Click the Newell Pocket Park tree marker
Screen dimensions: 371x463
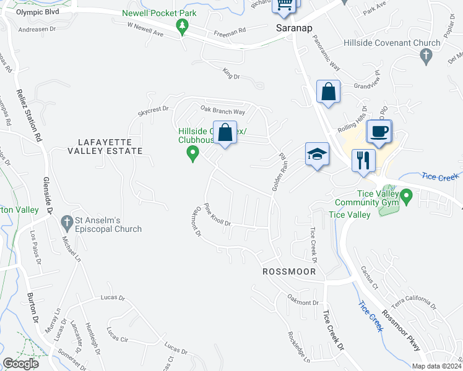[182, 26]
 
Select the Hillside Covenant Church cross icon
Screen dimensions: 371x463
[425, 57]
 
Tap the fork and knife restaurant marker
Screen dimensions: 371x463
[363, 160]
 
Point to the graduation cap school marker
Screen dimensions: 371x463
[317, 153]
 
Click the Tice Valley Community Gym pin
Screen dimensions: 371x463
[407, 197]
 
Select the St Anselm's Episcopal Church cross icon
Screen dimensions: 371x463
[67, 221]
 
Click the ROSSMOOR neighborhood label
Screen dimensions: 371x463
[289, 272]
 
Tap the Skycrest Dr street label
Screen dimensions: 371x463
[153, 109]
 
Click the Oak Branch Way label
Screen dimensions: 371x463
[223, 111]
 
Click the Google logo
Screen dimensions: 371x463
[20, 364]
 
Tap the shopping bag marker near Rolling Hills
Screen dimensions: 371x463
[328, 93]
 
